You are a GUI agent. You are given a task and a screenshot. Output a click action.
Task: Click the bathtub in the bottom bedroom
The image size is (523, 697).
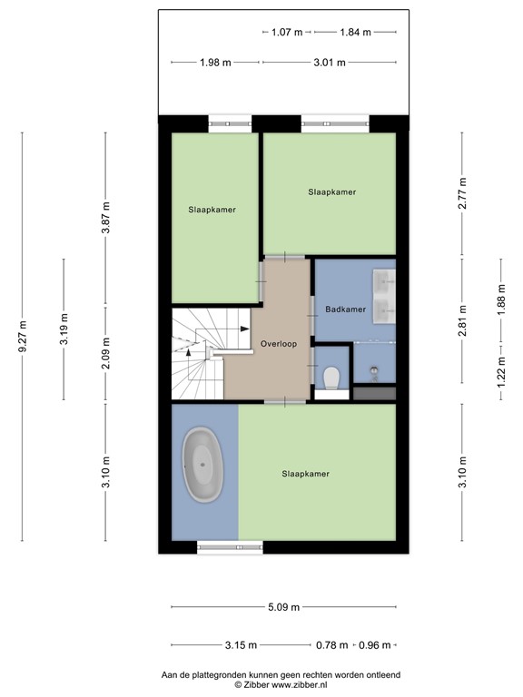click(x=204, y=466)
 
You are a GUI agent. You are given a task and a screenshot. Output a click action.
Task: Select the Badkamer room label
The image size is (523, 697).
click(x=345, y=309)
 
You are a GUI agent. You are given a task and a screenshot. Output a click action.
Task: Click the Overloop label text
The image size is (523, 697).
click(x=278, y=344)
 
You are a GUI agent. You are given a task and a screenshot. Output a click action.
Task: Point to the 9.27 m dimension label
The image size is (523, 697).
click(x=23, y=338)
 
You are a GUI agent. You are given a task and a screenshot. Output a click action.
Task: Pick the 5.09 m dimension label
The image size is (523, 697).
click(x=282, y=608)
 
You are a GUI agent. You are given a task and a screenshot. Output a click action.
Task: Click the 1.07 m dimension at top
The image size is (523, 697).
click(x=287, y=32)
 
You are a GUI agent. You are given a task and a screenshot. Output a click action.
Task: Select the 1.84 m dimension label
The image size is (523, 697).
click(x=355, y=32)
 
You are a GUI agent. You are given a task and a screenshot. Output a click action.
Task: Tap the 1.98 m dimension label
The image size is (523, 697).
click(x=215, y=62)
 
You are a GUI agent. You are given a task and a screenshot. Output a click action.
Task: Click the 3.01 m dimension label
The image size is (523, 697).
click(x=329, y=62)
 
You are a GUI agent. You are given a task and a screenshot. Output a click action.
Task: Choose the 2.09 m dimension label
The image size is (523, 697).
click(x=105, y=355)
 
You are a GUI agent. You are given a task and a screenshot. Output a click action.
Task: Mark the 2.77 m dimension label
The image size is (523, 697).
click(x=462, y=195)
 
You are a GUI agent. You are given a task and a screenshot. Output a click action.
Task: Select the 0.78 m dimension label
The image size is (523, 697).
click(x=331, y=645)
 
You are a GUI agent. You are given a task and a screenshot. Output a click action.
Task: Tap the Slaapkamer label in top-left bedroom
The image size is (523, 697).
click(x=212, y=210)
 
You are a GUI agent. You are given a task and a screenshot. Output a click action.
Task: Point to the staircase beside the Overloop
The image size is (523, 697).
click(x=198, y=354)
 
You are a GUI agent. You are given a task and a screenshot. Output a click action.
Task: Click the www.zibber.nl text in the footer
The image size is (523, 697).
click(x=303, y=685)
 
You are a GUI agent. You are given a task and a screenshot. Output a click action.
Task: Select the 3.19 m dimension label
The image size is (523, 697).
click(x=63, y=329)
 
